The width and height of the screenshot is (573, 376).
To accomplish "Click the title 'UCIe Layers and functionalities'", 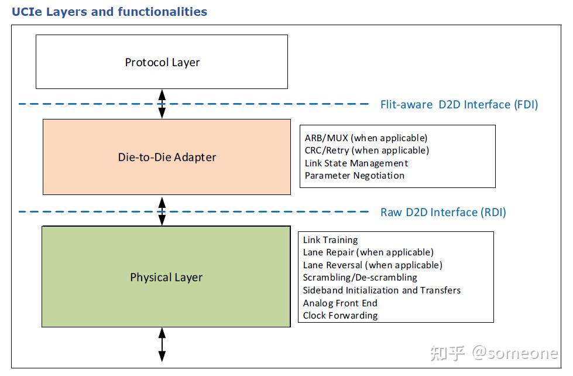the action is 109,12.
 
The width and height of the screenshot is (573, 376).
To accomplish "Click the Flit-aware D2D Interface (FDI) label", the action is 459,105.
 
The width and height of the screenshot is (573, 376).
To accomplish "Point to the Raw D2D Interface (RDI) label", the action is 443,212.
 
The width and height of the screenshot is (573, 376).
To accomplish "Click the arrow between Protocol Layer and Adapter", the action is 162,104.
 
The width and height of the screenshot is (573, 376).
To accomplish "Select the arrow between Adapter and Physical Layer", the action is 162,211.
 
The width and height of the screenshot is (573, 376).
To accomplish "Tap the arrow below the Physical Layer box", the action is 162,344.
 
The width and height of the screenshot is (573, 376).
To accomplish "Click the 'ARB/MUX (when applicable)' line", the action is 366,138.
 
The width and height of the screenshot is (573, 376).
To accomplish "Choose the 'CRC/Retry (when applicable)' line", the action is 367,151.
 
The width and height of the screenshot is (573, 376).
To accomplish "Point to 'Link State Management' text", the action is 356,163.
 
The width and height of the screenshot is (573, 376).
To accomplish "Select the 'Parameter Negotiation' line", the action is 355,176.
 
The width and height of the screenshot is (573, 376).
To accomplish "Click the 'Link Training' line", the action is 330,240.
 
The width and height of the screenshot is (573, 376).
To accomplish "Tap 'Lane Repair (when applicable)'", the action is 368,252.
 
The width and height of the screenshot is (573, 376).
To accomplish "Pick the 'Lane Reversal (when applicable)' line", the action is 373,265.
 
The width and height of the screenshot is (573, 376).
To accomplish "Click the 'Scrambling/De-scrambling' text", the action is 360,278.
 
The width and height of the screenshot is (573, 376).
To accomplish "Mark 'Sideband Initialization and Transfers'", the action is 382,290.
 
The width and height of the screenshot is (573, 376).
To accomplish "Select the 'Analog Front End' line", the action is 340,303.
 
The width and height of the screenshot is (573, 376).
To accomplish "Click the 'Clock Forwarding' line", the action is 340,315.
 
